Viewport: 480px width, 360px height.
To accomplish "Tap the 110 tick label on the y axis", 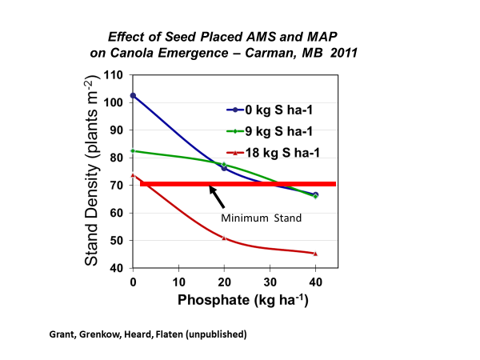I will click(114, 75).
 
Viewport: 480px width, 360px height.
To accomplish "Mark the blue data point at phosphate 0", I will click(133, 95).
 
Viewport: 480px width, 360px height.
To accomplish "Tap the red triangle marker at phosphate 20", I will click(224, 238).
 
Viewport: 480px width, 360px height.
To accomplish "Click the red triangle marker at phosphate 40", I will click(315, 254).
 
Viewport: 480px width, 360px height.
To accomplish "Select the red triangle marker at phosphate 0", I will click(133, 175).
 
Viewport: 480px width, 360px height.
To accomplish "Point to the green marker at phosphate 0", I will click(133, 150).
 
